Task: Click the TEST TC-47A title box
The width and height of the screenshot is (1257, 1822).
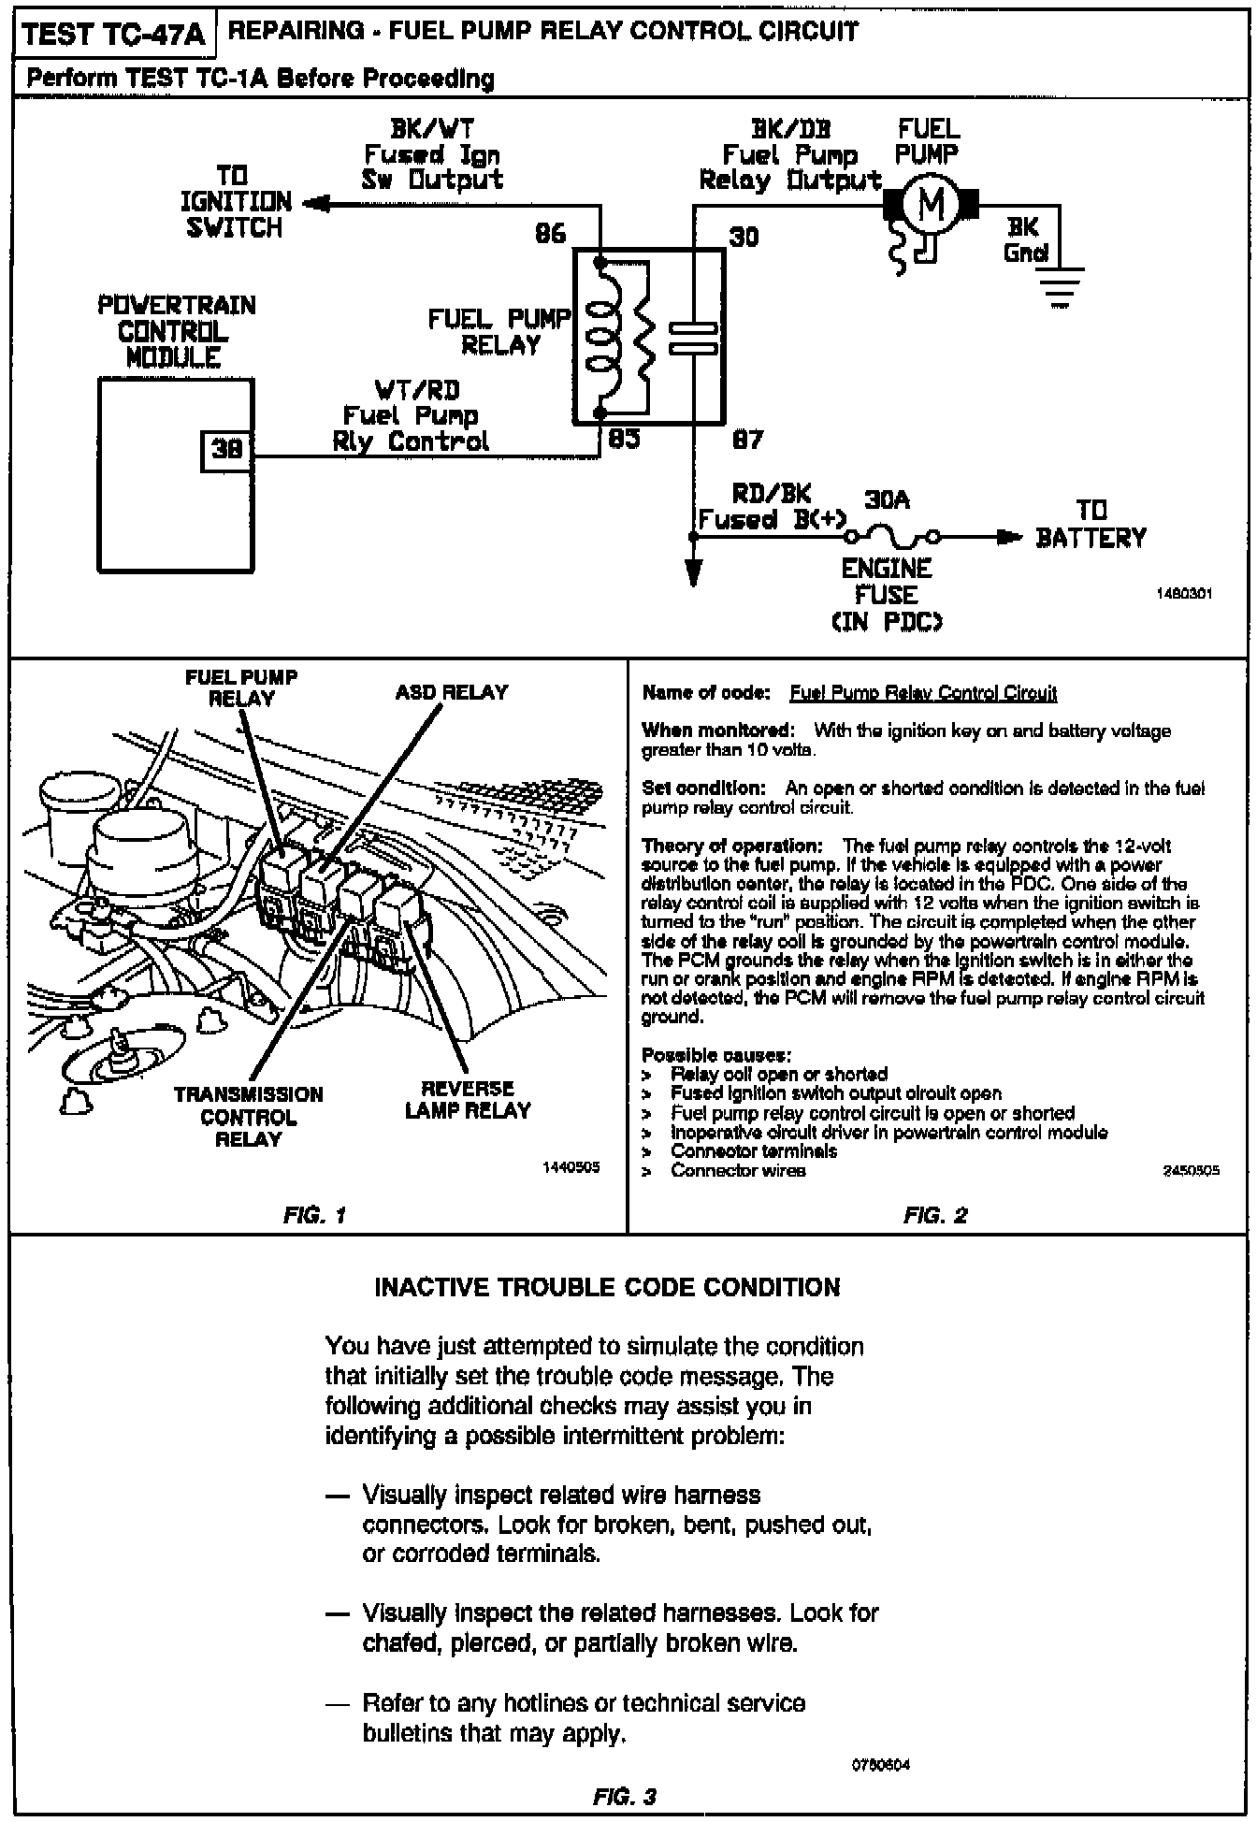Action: point(112,35)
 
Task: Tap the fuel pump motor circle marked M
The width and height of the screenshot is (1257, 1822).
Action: point(931,202)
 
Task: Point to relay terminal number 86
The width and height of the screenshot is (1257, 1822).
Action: point(551,234)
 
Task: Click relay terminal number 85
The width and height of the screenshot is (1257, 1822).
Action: point(624,438)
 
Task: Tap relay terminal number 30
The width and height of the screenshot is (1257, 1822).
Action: point(744,236)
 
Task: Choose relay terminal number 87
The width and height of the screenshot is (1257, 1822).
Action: point(747,439)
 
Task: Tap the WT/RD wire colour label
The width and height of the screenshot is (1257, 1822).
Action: point(417,390)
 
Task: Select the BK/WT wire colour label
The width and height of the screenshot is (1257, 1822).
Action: point(432,129)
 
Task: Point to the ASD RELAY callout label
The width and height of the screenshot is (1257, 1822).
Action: point(451,693)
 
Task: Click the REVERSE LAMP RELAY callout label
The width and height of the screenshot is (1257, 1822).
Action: point(468,1100)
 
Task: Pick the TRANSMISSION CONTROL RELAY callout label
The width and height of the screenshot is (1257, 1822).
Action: point(248,1117)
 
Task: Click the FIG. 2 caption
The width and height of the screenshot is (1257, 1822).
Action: point(934,1216)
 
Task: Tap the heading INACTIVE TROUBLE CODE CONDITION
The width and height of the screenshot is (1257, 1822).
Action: point(607,1288)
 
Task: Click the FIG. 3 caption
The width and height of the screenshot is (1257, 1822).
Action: point(625,1797)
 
